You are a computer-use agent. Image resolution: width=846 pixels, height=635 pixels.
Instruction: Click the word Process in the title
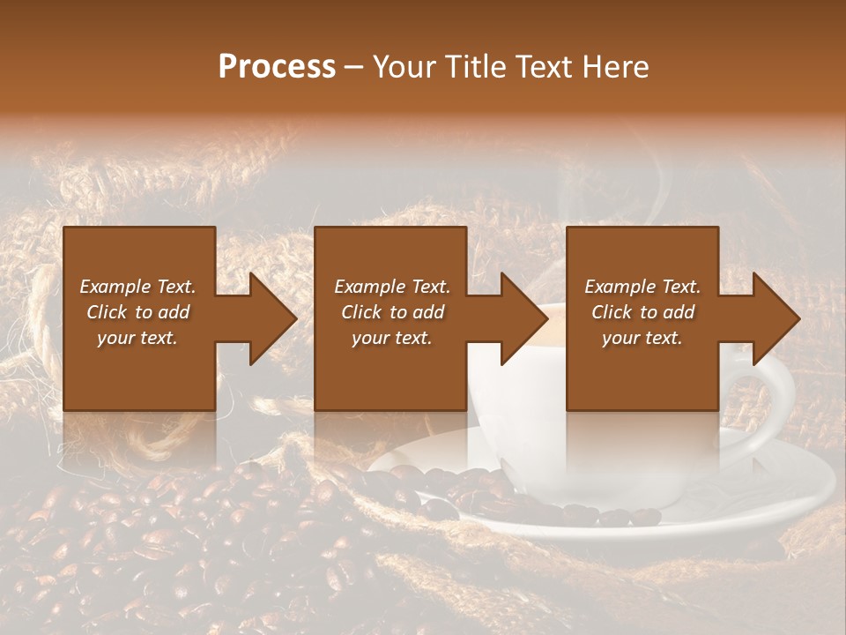click(x=277, y=67)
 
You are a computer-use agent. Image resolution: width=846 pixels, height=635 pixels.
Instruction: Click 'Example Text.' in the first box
click(x=137, y=287)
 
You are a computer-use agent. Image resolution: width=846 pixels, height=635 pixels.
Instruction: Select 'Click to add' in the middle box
click(x=392, y=312)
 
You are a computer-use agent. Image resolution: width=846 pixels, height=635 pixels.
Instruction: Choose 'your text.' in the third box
click(x=642, y=338)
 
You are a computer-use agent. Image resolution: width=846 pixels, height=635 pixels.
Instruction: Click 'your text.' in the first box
click(x=137, y=338)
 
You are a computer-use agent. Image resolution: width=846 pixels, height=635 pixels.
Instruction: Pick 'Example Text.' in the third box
click(x=642, y=287)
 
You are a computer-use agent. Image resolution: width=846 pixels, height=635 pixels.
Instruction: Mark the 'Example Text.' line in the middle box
click(x=392, y=287)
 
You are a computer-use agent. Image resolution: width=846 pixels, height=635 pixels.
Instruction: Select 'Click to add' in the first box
click(x=137, y=312)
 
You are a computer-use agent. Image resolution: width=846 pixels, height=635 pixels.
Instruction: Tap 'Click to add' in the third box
click(x=642, y=312)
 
